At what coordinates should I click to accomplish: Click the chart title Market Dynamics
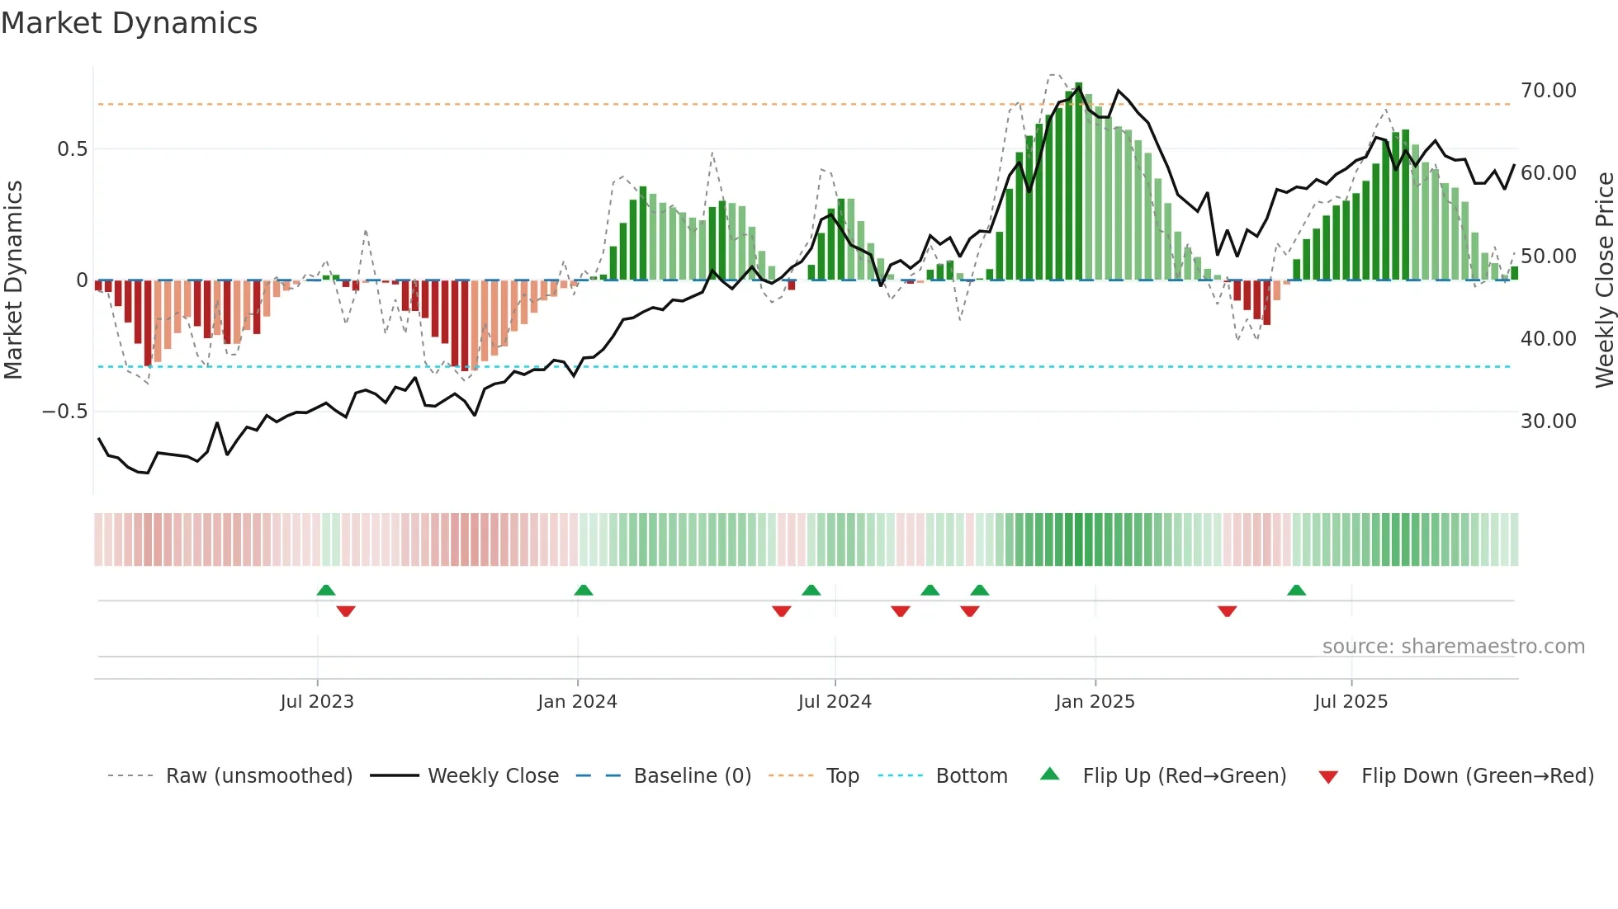(130, 23)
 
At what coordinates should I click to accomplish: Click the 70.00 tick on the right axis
(1548, 91)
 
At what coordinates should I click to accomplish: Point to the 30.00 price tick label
(1548, 422)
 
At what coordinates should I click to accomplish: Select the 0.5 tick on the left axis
(72, 149)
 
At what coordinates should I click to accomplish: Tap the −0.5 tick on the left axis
(65, 412)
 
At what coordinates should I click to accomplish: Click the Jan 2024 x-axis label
(577, 702)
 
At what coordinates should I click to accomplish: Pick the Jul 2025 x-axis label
(1351, 702)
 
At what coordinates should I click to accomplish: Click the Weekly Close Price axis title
(1604, 280)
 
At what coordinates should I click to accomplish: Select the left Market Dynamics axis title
(13, 280)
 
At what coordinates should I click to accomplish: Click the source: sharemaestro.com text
(1453, 647)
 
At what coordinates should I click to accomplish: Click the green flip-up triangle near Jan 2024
(584, 591)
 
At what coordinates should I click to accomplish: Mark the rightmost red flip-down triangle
(1227, 611)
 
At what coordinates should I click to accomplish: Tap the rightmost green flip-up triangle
(1296, 591)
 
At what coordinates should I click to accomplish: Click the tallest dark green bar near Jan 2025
(1079, 181)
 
